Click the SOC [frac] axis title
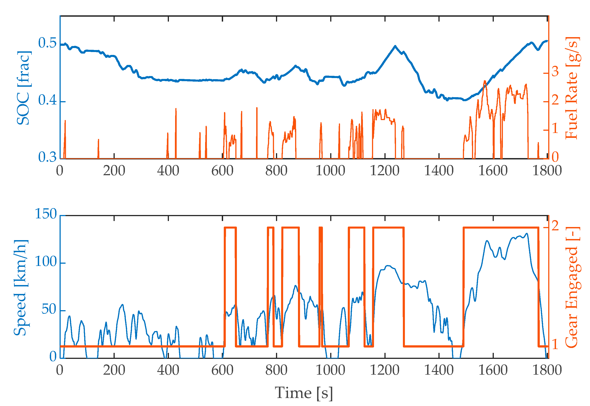(x=23, y=88)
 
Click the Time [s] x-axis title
(x=304, y=393)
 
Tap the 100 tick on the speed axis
(x=46, y=261)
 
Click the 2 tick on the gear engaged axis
(x=555, y=226)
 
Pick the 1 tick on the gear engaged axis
(x=555, y=345)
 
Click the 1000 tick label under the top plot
(x=330, y=171)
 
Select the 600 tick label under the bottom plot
(x=222, y=370)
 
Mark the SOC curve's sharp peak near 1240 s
(x=395, y=46)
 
